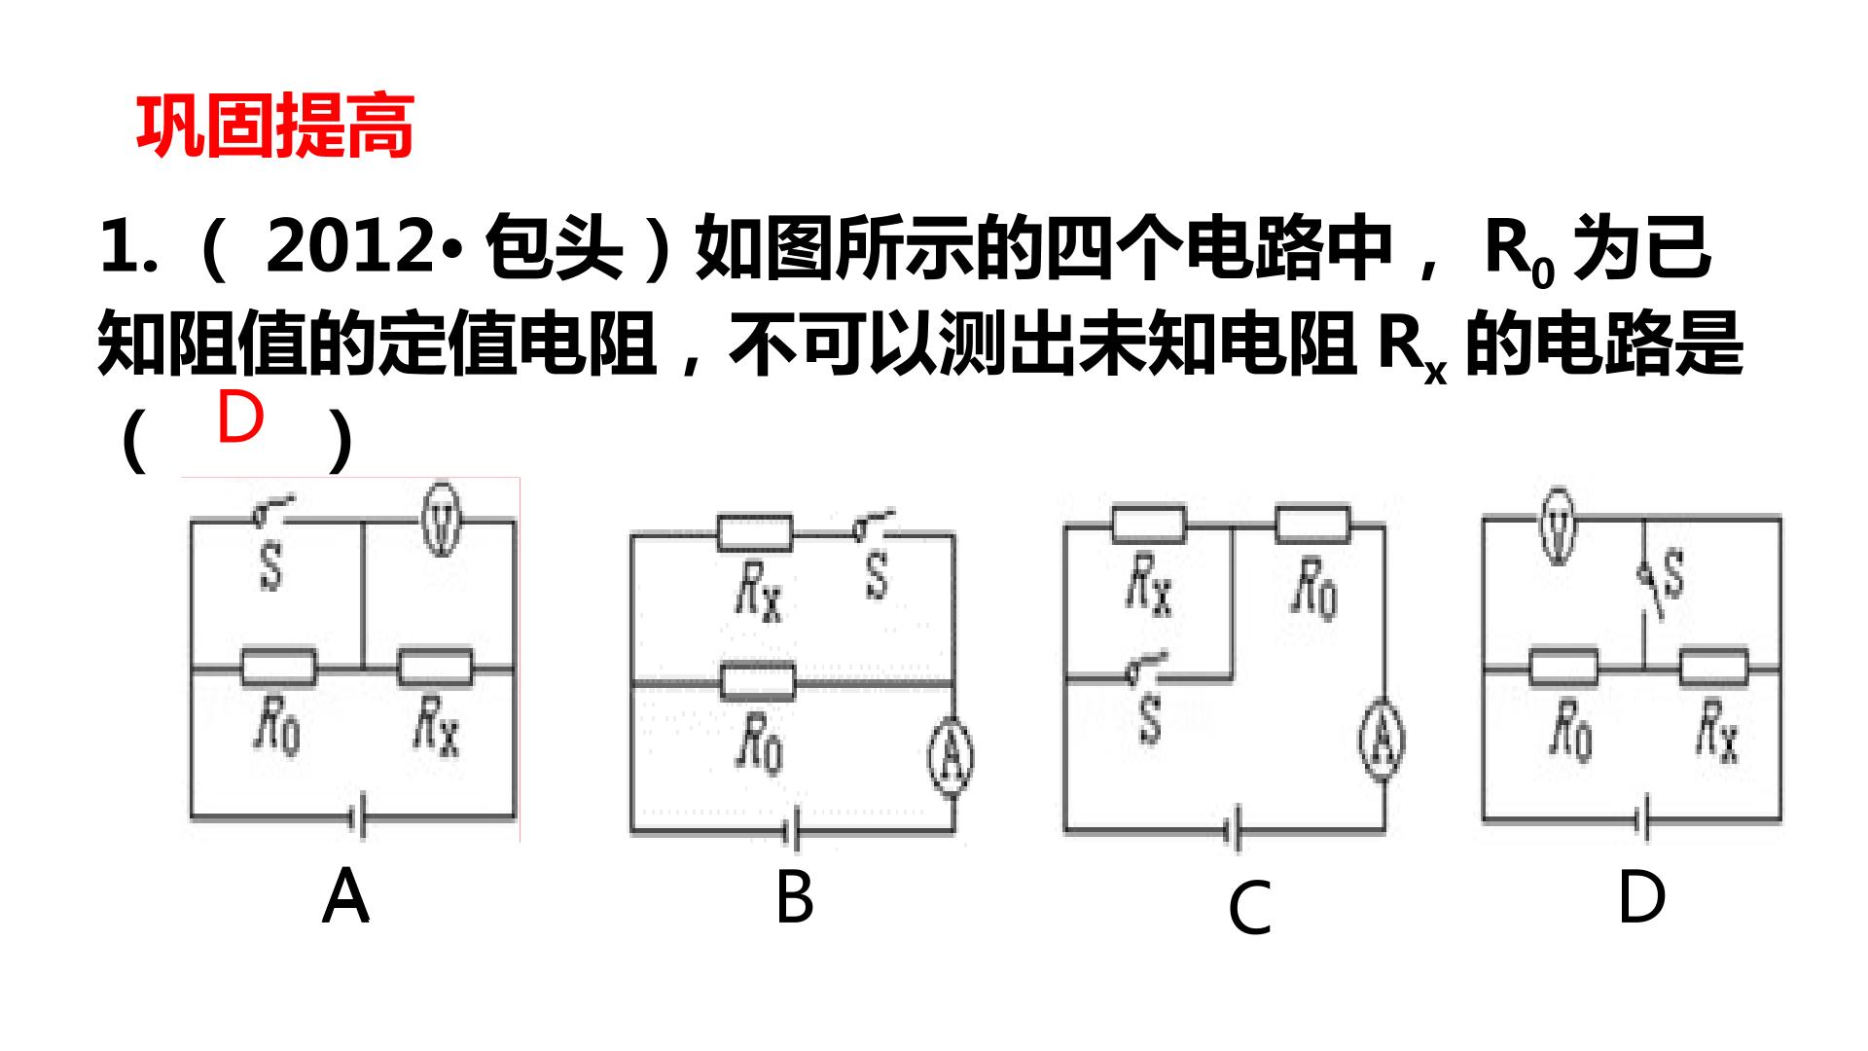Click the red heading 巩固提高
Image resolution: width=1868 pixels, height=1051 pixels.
point(275,127)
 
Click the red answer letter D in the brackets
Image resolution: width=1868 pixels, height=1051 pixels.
point(239,417)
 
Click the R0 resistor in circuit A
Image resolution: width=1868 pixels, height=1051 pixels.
point(278,669)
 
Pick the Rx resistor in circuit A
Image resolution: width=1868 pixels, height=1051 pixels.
point(435,669)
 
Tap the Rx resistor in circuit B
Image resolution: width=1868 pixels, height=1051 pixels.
point(755,532)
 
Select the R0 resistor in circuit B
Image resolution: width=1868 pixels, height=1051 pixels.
point(758,681)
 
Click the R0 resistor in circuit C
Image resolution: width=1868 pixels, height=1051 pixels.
point(1312,525)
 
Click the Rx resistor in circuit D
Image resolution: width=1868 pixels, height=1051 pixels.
point(1714,669)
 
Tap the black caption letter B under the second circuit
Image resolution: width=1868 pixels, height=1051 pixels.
point(794,897)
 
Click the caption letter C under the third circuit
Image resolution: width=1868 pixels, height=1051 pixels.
point(1250,908)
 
